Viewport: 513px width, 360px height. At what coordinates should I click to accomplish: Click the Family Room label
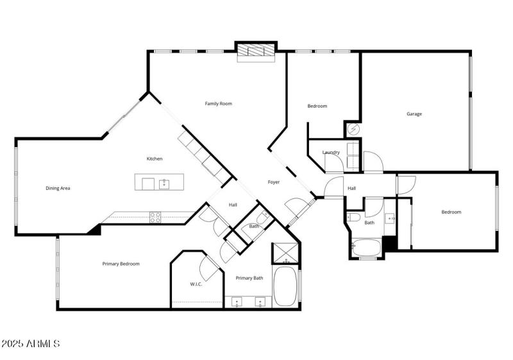(x=218, y=103)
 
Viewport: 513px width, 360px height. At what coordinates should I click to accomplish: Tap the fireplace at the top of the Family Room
(x=256, y=51)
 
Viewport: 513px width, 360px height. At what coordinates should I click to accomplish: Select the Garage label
(x=414, y=114)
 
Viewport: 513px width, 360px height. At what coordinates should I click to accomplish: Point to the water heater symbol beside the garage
(x=352, y=130)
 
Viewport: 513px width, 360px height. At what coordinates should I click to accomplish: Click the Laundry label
(x=331, y=152)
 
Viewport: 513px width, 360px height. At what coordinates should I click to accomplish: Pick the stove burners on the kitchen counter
(x=155, y=217)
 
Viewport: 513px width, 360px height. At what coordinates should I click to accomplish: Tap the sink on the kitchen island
(x=164, y=184)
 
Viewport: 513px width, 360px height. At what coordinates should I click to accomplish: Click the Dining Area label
(x=58, y=188)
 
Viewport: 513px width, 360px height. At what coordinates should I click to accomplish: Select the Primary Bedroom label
(x=121, y=264)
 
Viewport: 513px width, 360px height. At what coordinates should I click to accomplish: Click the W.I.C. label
(x=196, y=284)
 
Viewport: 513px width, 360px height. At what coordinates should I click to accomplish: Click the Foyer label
(x=274, y=182)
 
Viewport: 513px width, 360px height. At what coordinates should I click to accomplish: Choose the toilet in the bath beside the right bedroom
(x=355, y=219)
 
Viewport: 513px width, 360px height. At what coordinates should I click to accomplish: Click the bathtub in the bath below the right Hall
(x=367, y=247)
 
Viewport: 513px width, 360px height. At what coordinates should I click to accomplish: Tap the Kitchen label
(x=155, y=159)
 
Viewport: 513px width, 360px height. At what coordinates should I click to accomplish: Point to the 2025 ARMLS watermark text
(x=31, y=344)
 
